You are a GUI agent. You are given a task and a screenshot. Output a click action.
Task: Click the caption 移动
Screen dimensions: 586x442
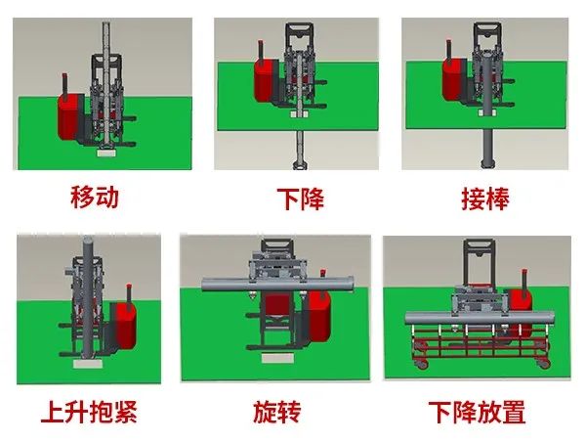point(95,197)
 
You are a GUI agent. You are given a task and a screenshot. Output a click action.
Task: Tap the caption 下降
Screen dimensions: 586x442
point(300,199)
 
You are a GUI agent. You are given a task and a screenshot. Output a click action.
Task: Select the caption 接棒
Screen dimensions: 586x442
point(485,199)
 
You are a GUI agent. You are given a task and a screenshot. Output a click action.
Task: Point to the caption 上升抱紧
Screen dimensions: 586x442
point(89,412)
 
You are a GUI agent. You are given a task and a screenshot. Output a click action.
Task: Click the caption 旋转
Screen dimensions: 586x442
point(277,412)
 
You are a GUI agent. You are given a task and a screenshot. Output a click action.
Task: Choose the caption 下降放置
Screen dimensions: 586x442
point(477,412)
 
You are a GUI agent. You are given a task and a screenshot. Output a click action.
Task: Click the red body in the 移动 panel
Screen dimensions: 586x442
point(68,116)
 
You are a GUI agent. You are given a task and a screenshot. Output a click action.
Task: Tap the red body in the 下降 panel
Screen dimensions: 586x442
point(264,79)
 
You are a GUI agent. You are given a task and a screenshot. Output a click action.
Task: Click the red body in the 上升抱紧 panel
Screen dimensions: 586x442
point(126,325)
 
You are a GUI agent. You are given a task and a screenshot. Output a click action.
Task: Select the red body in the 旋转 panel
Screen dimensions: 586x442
point(318,316)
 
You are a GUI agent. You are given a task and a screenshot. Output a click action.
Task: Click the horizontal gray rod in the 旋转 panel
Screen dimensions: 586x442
point(277,284)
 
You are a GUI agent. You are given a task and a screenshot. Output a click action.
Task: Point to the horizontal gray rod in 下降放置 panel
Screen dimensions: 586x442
point(479,319)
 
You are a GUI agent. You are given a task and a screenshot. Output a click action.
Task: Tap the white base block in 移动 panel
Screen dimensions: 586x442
point(105,152)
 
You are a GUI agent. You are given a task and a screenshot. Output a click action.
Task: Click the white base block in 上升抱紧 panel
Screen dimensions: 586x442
point(88,364)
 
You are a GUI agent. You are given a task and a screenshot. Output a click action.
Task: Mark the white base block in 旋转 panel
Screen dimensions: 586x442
point(277,359)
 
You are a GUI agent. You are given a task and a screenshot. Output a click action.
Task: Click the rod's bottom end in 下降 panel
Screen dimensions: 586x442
point(300,165)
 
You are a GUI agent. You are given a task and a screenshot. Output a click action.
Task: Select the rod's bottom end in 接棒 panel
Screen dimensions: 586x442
point(488,164)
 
